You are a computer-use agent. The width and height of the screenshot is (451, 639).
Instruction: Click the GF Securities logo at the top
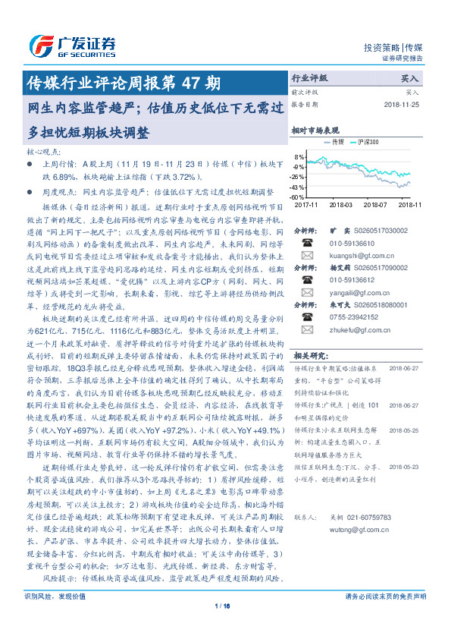tap(73, 43)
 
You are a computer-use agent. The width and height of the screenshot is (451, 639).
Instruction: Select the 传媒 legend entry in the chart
tap(335, 141)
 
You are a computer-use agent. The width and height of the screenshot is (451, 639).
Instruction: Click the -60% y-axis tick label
tap(299, 197)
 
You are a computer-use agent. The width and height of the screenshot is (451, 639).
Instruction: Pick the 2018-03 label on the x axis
tap(341, 204)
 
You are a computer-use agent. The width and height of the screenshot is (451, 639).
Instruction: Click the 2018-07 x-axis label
tap(375, 204)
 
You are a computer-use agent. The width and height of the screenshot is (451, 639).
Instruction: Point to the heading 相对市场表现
tap(316, 131)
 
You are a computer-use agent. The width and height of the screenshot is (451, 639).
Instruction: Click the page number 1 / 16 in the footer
tap(225, 605)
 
